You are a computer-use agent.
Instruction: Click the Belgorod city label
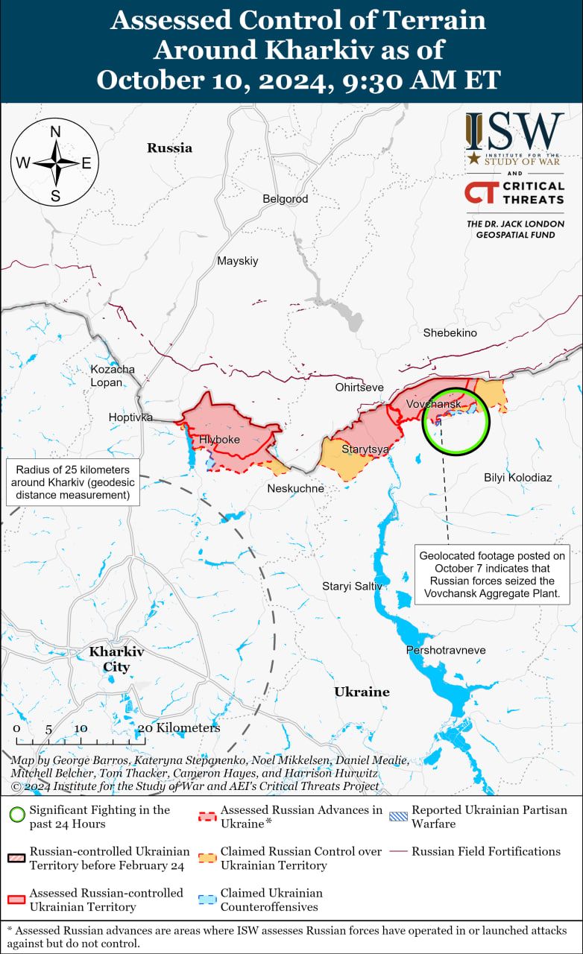click(x=285, y=199)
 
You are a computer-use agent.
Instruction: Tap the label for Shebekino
click(x=450, y=332)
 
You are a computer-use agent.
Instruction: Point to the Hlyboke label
click(x=219, y=440)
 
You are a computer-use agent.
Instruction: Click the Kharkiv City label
click(x=116, y=659)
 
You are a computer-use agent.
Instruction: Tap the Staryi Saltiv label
click(x=352, y=587)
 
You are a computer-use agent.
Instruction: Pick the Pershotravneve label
click(x=445, y=650)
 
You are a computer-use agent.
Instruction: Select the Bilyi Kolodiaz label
click(x=517, y=477)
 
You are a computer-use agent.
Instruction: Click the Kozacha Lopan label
click(x=112, y=376)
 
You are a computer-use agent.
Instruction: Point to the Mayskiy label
click(x=237, y=261)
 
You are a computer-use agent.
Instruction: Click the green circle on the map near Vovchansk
click(x=456, y=421)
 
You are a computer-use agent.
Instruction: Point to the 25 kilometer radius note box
click(x=72, y=482)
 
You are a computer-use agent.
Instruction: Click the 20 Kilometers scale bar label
click(x=179, y=728)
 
